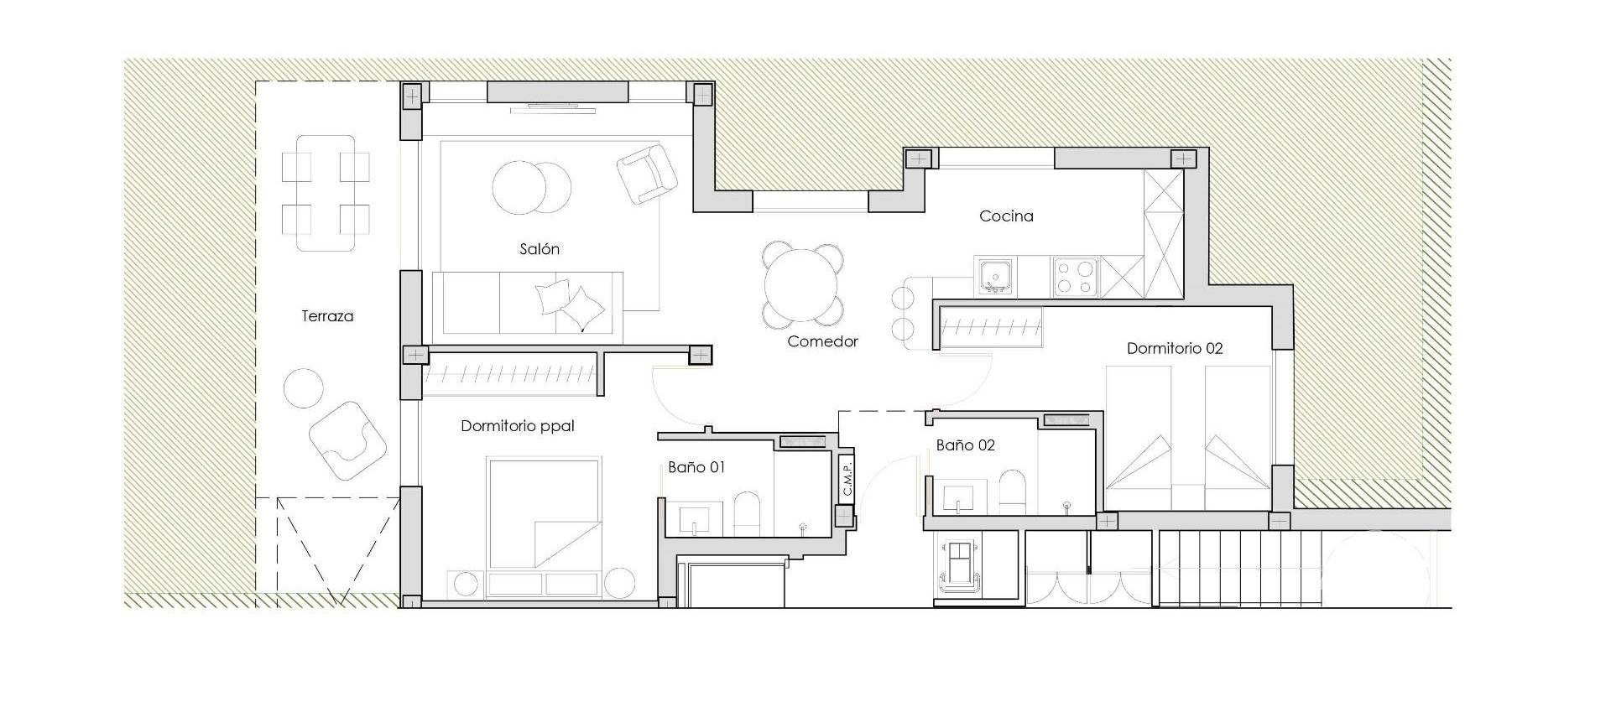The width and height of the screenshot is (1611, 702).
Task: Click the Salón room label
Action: pos(539,249)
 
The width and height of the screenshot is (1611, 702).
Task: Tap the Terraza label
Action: pos(327,316)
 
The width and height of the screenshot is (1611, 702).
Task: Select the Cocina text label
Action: pos(1006,216)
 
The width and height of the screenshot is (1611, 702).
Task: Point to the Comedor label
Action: pos(822,341)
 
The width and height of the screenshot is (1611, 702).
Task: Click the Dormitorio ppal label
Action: pos(518,426)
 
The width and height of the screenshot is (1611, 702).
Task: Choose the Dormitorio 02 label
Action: pos(1174,348)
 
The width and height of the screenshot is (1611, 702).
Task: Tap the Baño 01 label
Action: pos(696,467)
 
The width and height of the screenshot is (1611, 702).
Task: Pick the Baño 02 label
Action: pos(965,445)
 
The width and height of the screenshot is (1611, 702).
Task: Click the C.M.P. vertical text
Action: pos(847,479)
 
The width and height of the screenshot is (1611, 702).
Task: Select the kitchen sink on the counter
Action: pos(994,275)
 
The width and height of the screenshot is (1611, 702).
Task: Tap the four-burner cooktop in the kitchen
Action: pos(1075,275)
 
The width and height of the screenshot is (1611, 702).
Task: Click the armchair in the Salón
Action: pos(647,174)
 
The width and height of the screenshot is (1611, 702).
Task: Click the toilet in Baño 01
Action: pos(746,512)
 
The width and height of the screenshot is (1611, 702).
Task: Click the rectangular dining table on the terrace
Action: pos(326,193)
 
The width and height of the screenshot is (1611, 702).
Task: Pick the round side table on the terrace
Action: pos(303,387)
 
